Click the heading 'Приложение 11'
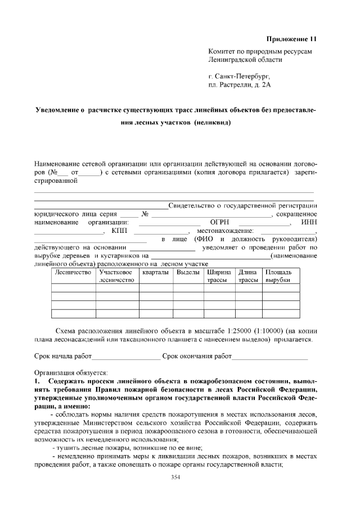click(291, 39)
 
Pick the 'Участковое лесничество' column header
click(118, 276)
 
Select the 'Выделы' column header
click(188, 272)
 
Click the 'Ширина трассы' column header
click(219, 276)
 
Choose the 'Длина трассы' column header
click(248, 276)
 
